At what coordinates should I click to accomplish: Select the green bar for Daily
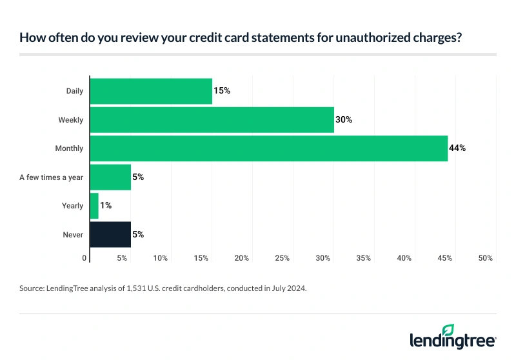tap(151, 91)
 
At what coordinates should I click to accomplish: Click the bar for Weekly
tap(212, 119)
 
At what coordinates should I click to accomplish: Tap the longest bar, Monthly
tap(268, 148)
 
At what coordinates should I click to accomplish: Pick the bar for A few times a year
tap(110, 177)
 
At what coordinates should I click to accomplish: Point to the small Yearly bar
tap(94, 206)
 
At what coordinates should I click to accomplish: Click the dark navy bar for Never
tap(110, 234)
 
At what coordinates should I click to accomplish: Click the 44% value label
tap(457, 148)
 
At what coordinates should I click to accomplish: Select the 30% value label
tap(344, 119)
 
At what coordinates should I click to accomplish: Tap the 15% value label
tap(222, 91)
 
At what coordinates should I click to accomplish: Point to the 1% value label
tap(106, 206)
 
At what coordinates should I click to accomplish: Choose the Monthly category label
tap(69, 148)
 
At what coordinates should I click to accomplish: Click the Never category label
tap(73, 235)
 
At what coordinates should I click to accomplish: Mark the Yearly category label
tap(72, 206)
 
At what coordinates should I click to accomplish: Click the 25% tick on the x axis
tap(283, 258)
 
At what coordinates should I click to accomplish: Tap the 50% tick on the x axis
tap(486, 258)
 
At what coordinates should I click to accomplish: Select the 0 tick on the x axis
tap(85, 258)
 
